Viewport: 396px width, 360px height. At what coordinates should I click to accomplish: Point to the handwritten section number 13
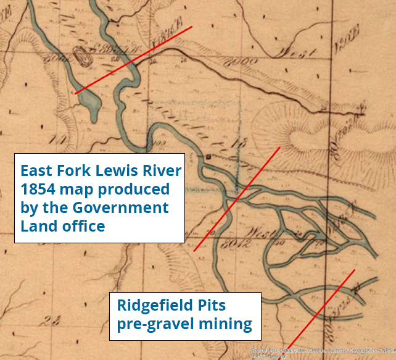[x=234, y=143]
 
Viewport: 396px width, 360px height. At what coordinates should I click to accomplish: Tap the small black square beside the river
[x=208, y=158]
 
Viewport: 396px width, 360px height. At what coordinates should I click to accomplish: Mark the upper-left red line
[x=133, y=60]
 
